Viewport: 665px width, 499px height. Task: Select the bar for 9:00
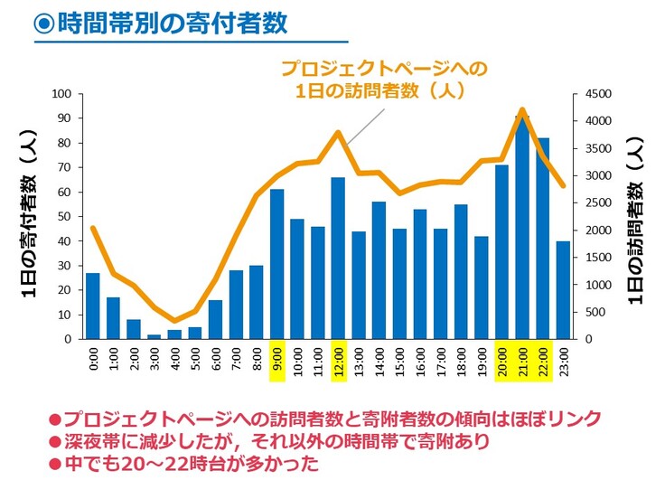277,264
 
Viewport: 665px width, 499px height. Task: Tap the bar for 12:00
339,259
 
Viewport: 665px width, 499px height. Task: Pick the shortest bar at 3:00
155,336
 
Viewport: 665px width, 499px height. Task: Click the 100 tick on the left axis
62,94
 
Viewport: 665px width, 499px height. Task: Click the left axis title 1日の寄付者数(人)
28,217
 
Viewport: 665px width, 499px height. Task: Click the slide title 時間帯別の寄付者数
173,24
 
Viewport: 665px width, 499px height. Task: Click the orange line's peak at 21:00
523,110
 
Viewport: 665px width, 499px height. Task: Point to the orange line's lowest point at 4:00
174,321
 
